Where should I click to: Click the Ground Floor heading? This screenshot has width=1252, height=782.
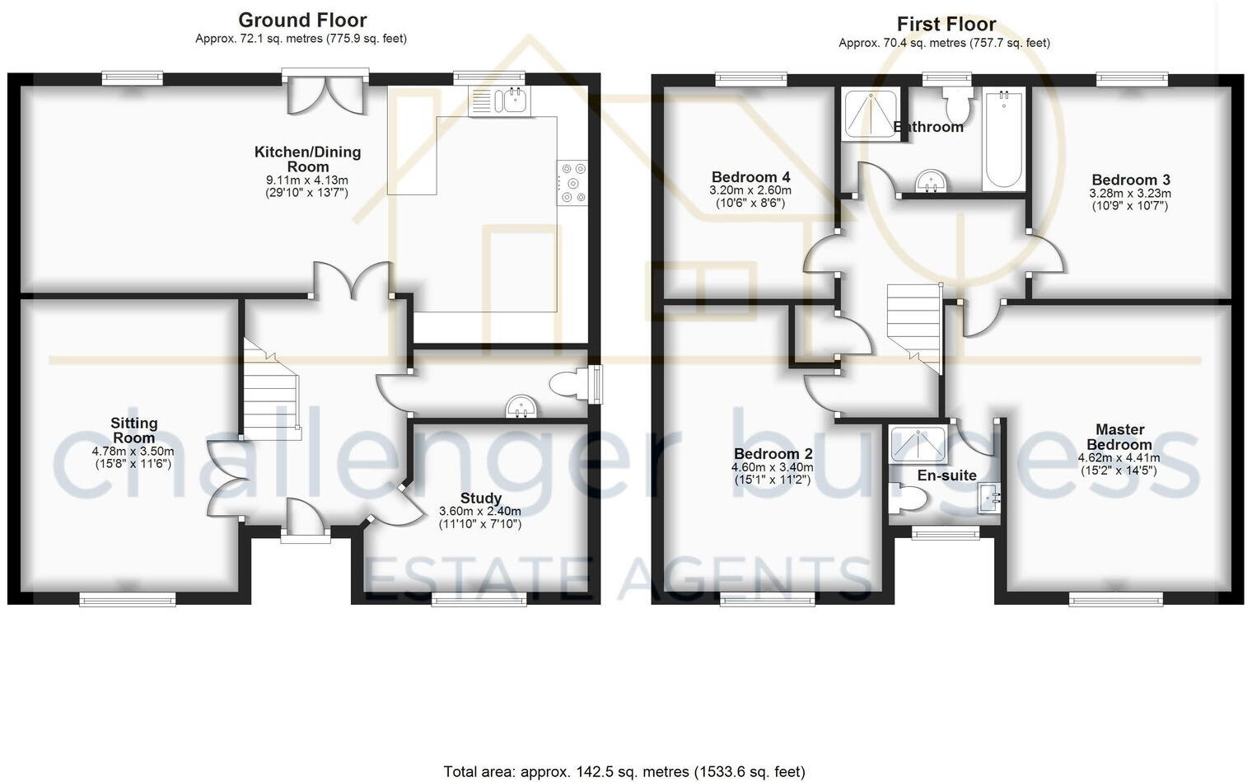[x=302, y=21]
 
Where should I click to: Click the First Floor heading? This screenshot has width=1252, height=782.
[x=946, y=24]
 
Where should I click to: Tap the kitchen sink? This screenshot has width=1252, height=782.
[x=501, y=101]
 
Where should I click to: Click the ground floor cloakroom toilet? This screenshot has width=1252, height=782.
[x=570, y=384]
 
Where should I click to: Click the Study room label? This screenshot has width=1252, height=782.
[x=480, y=499]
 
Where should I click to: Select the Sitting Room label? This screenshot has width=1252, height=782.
[x=133, y=430]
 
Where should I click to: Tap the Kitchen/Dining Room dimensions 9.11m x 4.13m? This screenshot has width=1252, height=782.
[x=306, y=180]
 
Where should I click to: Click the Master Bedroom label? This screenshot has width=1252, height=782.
[x=1119, y=437]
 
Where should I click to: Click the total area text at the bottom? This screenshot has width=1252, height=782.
[x=624, y=772]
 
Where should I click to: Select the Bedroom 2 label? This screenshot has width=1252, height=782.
[x=773, y=454]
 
